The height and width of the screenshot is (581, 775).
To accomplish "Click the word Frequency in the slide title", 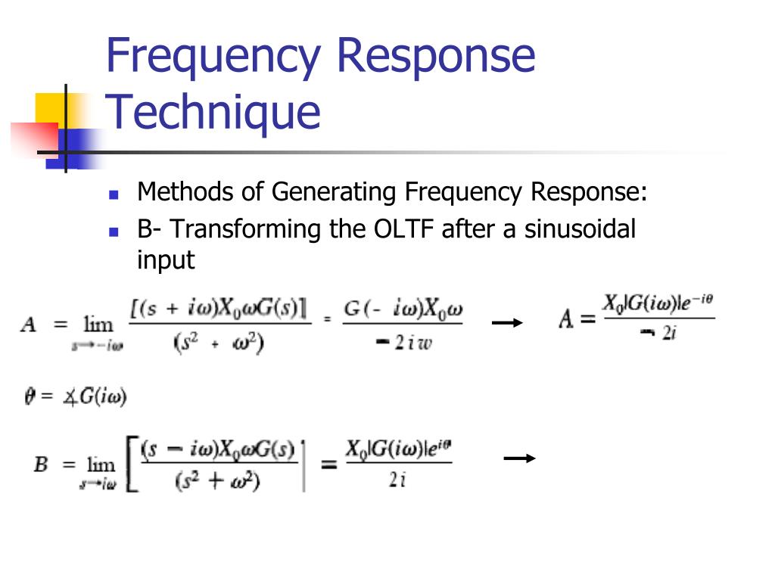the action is point(210,57).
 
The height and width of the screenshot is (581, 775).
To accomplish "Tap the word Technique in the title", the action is point(213,111).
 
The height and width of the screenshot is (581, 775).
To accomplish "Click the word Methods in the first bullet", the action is point(185,192).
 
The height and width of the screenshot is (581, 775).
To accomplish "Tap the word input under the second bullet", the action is point(165,259).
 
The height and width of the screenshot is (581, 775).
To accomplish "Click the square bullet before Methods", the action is point(114,194).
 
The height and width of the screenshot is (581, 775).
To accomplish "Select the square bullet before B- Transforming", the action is point(114,230).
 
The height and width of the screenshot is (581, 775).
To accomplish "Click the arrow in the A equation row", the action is point(506,323).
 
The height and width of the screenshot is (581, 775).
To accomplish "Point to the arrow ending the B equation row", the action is point(519,458).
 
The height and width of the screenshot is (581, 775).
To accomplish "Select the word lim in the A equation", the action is point(98,325).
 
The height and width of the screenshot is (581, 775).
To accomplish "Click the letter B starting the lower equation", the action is point(41,464).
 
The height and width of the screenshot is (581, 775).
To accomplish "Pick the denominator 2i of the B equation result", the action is point(397,481).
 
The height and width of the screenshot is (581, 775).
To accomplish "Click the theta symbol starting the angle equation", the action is point(30,396).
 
